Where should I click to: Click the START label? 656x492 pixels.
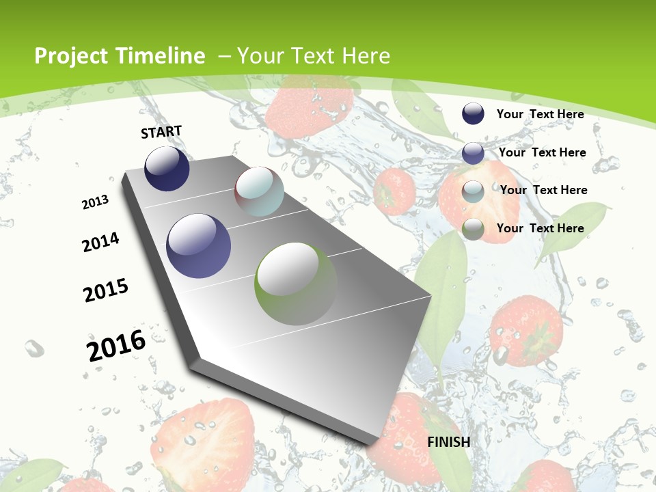(161, 132)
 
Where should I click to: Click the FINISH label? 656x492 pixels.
(448, 441)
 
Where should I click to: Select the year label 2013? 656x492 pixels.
(96, 202)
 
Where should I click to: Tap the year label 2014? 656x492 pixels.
(101, 243)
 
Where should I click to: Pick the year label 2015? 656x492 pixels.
(106, 290)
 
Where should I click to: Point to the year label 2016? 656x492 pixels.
(116, 345)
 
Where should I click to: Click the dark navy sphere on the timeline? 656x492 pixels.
(167, 168)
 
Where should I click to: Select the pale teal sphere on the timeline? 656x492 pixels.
(259, 191)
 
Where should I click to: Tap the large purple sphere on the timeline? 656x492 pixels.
(198, 246)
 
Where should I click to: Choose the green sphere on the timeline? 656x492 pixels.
(296, 284)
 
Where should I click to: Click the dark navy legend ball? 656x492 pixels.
(473, 113)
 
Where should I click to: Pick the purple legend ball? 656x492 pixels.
(473, 153)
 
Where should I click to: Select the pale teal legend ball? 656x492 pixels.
(473, 191)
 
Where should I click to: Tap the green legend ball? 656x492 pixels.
(473, 230)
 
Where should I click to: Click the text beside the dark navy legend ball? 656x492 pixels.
(540, 114)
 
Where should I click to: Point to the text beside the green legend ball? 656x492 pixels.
(540, 228)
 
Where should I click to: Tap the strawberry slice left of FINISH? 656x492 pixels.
(205, 437)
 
